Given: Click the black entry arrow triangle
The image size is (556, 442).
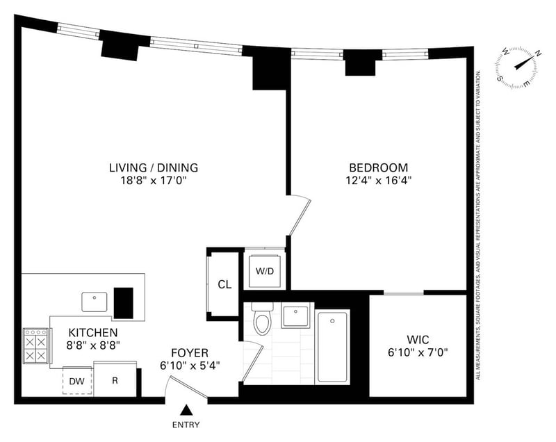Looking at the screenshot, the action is click(186, 410).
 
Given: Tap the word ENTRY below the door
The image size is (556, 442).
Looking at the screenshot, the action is click(186, 425).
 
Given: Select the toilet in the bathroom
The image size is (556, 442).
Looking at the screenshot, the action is click(262, 318).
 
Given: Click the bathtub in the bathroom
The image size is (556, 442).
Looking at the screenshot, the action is click(332, 346).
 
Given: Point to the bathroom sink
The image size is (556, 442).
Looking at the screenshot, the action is click(295, 316).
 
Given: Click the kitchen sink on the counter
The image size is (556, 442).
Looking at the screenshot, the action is click(95, 302).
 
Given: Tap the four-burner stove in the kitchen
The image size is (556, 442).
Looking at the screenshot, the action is click(36, 345).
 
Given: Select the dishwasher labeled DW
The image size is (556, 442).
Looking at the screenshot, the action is click(77, 381).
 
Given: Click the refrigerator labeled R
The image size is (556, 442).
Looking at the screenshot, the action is click(115, 379).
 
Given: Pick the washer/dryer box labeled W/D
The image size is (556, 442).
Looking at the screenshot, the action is click(265, 271).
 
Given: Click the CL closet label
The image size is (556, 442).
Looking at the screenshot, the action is click(224, 284).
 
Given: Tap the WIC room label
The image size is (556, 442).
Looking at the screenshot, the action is click(418, 340).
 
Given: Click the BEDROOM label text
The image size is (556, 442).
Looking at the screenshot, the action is click(379, 167).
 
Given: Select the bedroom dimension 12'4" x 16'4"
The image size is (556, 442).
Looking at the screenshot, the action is click(379, 181).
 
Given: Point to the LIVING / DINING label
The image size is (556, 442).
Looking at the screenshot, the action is click(154, 167).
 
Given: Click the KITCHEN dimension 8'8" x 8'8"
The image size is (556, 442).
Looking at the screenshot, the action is click(93, 345).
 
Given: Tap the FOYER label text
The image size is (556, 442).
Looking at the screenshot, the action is click(190, 353).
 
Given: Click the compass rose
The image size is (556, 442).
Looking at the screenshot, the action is click(516, 67).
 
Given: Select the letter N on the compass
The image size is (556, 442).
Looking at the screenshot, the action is click(538, 54).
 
